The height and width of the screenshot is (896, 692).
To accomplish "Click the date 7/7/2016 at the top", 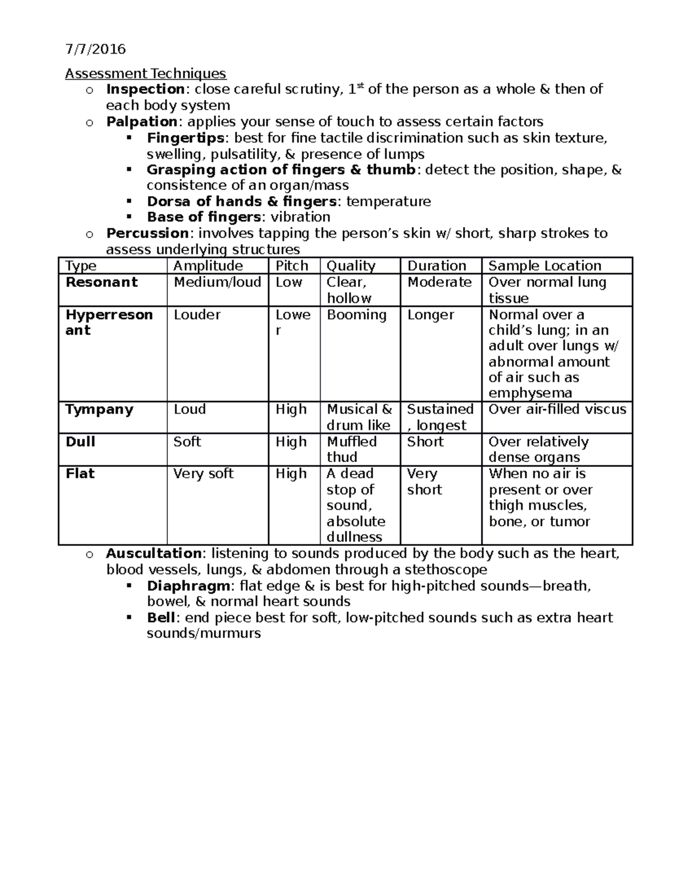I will pyautogui.click(x=95, y=49).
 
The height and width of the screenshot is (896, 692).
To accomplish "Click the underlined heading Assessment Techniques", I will pyautogui.click(x=145, y=74).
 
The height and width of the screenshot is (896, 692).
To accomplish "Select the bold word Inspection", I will pyautogui.click(x=145, y=89).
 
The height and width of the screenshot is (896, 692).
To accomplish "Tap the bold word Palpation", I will pyautogui.click(x=141, y=122).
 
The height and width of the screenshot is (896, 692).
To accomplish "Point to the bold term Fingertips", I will pyautogui.click(x=186, y=138).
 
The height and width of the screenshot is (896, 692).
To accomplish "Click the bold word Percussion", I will pyautogui.click(x=147, y=233).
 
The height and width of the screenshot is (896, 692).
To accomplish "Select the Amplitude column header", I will pyautogui.click(x=208, y=266).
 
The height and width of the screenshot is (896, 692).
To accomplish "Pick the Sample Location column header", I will pyautogui.click(x=544, y=266).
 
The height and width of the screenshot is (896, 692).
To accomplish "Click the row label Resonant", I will pyautogui.click(x=101, y=282).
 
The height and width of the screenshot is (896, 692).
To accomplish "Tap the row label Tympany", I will pyautogui.click(x=99, y=410).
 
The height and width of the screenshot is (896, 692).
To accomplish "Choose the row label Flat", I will pyautogui.click(x=80, y=474).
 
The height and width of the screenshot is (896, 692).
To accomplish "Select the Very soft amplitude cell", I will pyautogui.click(x=203, y=474).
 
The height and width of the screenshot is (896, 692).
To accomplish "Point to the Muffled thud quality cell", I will pyautogui.click(x=351, y=449).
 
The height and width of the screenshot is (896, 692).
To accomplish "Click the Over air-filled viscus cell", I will pyautogui.click(x=556, y=410).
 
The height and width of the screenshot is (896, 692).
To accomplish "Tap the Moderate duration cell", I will pyautogui.click(x=439, y=282).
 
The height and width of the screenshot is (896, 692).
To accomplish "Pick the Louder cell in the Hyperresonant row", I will pyautogui.click(x=197, y=315).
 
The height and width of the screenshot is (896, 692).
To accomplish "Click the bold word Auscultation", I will pyautogui.click(x=153, y=554).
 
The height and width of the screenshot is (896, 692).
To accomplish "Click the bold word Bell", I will pyautogui.click(x=161, y=618).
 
